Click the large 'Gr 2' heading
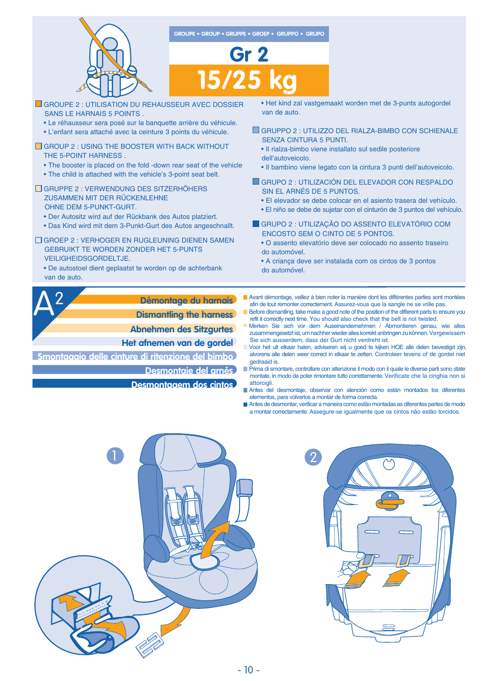click(x=249, y=54)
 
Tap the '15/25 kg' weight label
click(x=247, y=80)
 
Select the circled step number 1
click(x=115, y=456)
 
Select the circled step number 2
click(x=313, y=457)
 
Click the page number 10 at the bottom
click(x=249, y=670)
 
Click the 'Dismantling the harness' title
click(x=184, y=314)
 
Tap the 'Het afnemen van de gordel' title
click(x=177, y=343)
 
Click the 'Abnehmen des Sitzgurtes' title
click(x=181, y=328)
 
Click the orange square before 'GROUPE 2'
click(x=38, y=104)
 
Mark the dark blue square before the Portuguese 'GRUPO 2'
click(x=256, y=224)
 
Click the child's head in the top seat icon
click(x=110, y=44)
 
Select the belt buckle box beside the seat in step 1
click(x=244, y=488)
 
